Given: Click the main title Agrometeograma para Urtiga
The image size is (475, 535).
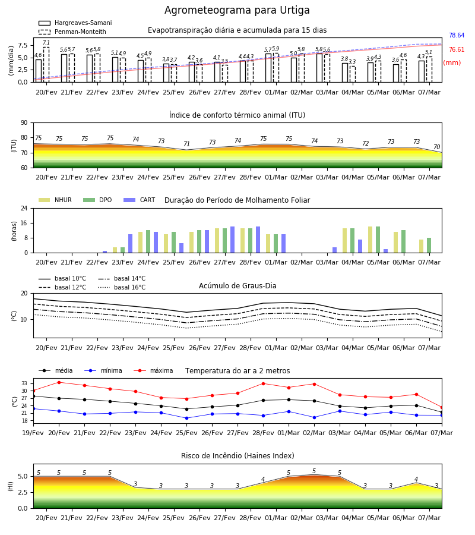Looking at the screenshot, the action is [x=237, y=10].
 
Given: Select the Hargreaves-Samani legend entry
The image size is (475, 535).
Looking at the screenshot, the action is [x=75, y=23].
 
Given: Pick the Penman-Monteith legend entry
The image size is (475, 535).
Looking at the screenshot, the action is [x=72, y=32].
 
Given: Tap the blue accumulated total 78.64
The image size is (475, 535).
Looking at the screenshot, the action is [x=457, y=36].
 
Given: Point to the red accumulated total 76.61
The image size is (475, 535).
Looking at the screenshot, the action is [x=457, y=50].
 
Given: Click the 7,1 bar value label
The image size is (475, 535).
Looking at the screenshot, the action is [x=46, y=43].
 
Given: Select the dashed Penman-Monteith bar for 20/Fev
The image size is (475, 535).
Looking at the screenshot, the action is [x=46, y=65].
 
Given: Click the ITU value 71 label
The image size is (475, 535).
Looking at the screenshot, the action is [x=186, y=144].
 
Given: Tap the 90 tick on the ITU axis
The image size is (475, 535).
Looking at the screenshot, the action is [x=24, y=123].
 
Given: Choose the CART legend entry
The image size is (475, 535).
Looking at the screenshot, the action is [x=140, y=200].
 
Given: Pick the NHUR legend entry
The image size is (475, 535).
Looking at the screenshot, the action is [x=55, y=200].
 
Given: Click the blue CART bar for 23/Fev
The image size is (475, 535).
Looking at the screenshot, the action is [x=130, y=244].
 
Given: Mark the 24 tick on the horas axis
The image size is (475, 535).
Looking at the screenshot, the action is [x=24, y=208].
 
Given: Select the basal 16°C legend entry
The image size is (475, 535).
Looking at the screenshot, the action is [x=122, y=287].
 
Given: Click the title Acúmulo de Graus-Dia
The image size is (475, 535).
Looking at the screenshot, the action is [x=237, y=286].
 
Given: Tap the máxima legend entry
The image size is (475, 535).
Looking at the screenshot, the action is [x=154, y=370].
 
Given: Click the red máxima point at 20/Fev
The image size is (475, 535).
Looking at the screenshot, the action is [x=59, y=382].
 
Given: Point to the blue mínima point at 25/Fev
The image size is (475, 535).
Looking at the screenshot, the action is [x=186, y=418].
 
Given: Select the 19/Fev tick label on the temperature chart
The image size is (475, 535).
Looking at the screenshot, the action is [x=33, y=433].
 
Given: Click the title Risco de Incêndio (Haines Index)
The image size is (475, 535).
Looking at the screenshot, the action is [x=237, y=456].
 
